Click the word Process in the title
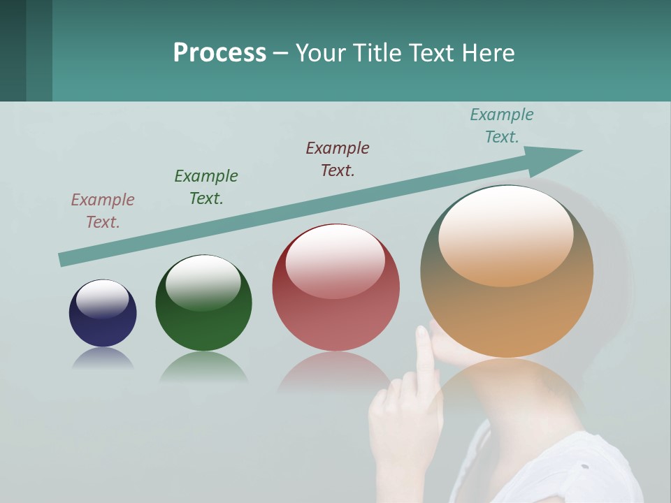pyautogui.click(x=219, y=53)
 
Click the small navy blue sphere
pyautogui.click(x=103, y=314)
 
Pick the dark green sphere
pyautogui.click(x=203, y=303)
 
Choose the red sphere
pyautogui.click(x=335, y=288)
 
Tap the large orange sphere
pyautogui.click(x=507, y=271)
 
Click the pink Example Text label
pyautogui.click(x=103, y=211)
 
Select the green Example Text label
pyautogui.click(x=206, y=187)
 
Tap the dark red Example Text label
pyautogui.click(x=338, y=159)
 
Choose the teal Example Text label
pyautogui.click(x=502, y=126)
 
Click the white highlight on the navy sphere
pyautogui.click(x=102, y=299)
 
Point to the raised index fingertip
pyautogui.click(x=424, y=333)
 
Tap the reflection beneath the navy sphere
pyautogui.click(x=103, y=358)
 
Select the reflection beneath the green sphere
pyautogui.click(x=203, y=366)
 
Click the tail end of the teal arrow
pyautogui.click(x=61, y=260)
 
